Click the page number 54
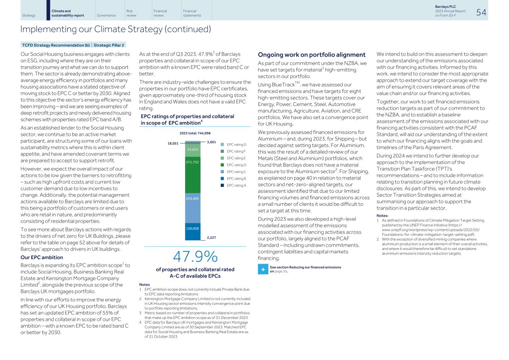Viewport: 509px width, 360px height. point(481,12)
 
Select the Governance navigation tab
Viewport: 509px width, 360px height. point(106,16)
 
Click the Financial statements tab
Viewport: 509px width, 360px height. point(192,13)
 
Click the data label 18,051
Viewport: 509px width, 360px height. point(173,143)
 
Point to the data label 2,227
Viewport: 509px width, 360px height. point(211,238)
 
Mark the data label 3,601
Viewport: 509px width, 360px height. point(211,142)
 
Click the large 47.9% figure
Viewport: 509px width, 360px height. point(195,257)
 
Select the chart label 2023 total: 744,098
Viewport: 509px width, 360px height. point(195,133)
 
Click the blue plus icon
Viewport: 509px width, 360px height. point(263,269)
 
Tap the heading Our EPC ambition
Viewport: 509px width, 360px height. point(42,257)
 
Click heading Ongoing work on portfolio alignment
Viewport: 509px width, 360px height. point(312,55)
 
